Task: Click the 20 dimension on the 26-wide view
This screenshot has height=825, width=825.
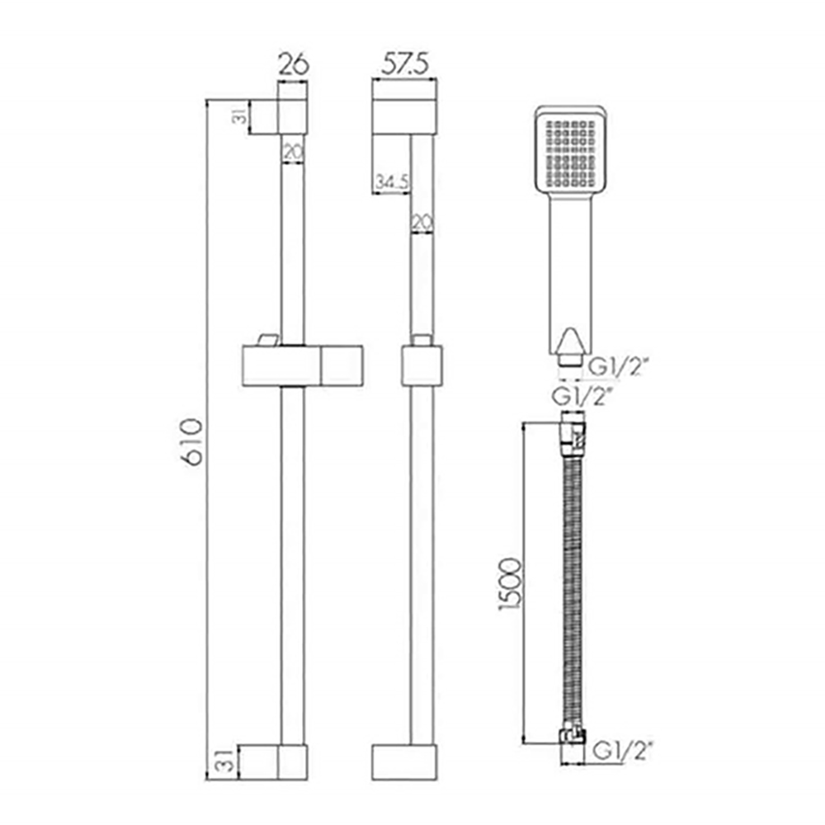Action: click(293, 152)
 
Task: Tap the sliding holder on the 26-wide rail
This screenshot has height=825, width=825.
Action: click(303, 365)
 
